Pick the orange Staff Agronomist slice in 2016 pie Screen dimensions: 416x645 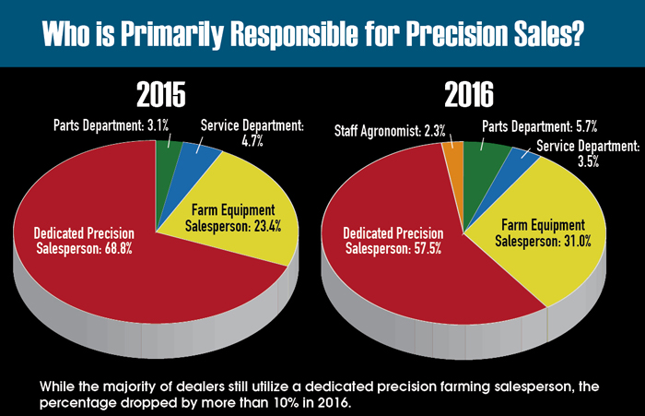click(452, 158)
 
